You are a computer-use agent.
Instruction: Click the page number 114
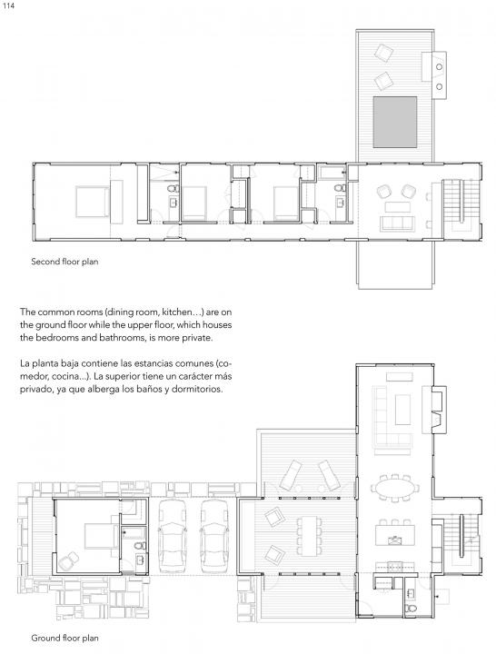(x=8, y=6)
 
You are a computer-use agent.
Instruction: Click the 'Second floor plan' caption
(x=64, y=262)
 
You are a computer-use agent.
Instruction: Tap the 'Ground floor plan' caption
(x=64, y=639)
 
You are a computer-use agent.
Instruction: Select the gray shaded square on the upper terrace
(x=394, y=123)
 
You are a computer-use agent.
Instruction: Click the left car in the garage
(x=172, y=537)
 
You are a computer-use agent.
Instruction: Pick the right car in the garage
(x=214, y=537)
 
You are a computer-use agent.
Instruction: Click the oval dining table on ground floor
(x=394, y=487)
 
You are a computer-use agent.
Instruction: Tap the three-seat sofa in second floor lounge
(x=397, y=223)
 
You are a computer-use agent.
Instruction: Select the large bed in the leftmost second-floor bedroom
(x=92, y=202)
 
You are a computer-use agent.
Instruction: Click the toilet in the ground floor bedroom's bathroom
(x=140, y=546)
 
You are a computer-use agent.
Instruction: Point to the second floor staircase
(x=461, y=201)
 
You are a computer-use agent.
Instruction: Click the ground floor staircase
(x=461, y=537)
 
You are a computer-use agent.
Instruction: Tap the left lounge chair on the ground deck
(x=291, y=475)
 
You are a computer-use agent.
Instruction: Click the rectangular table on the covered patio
(x=309, y=537)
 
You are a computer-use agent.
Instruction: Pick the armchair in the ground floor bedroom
(x=68, y=561)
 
